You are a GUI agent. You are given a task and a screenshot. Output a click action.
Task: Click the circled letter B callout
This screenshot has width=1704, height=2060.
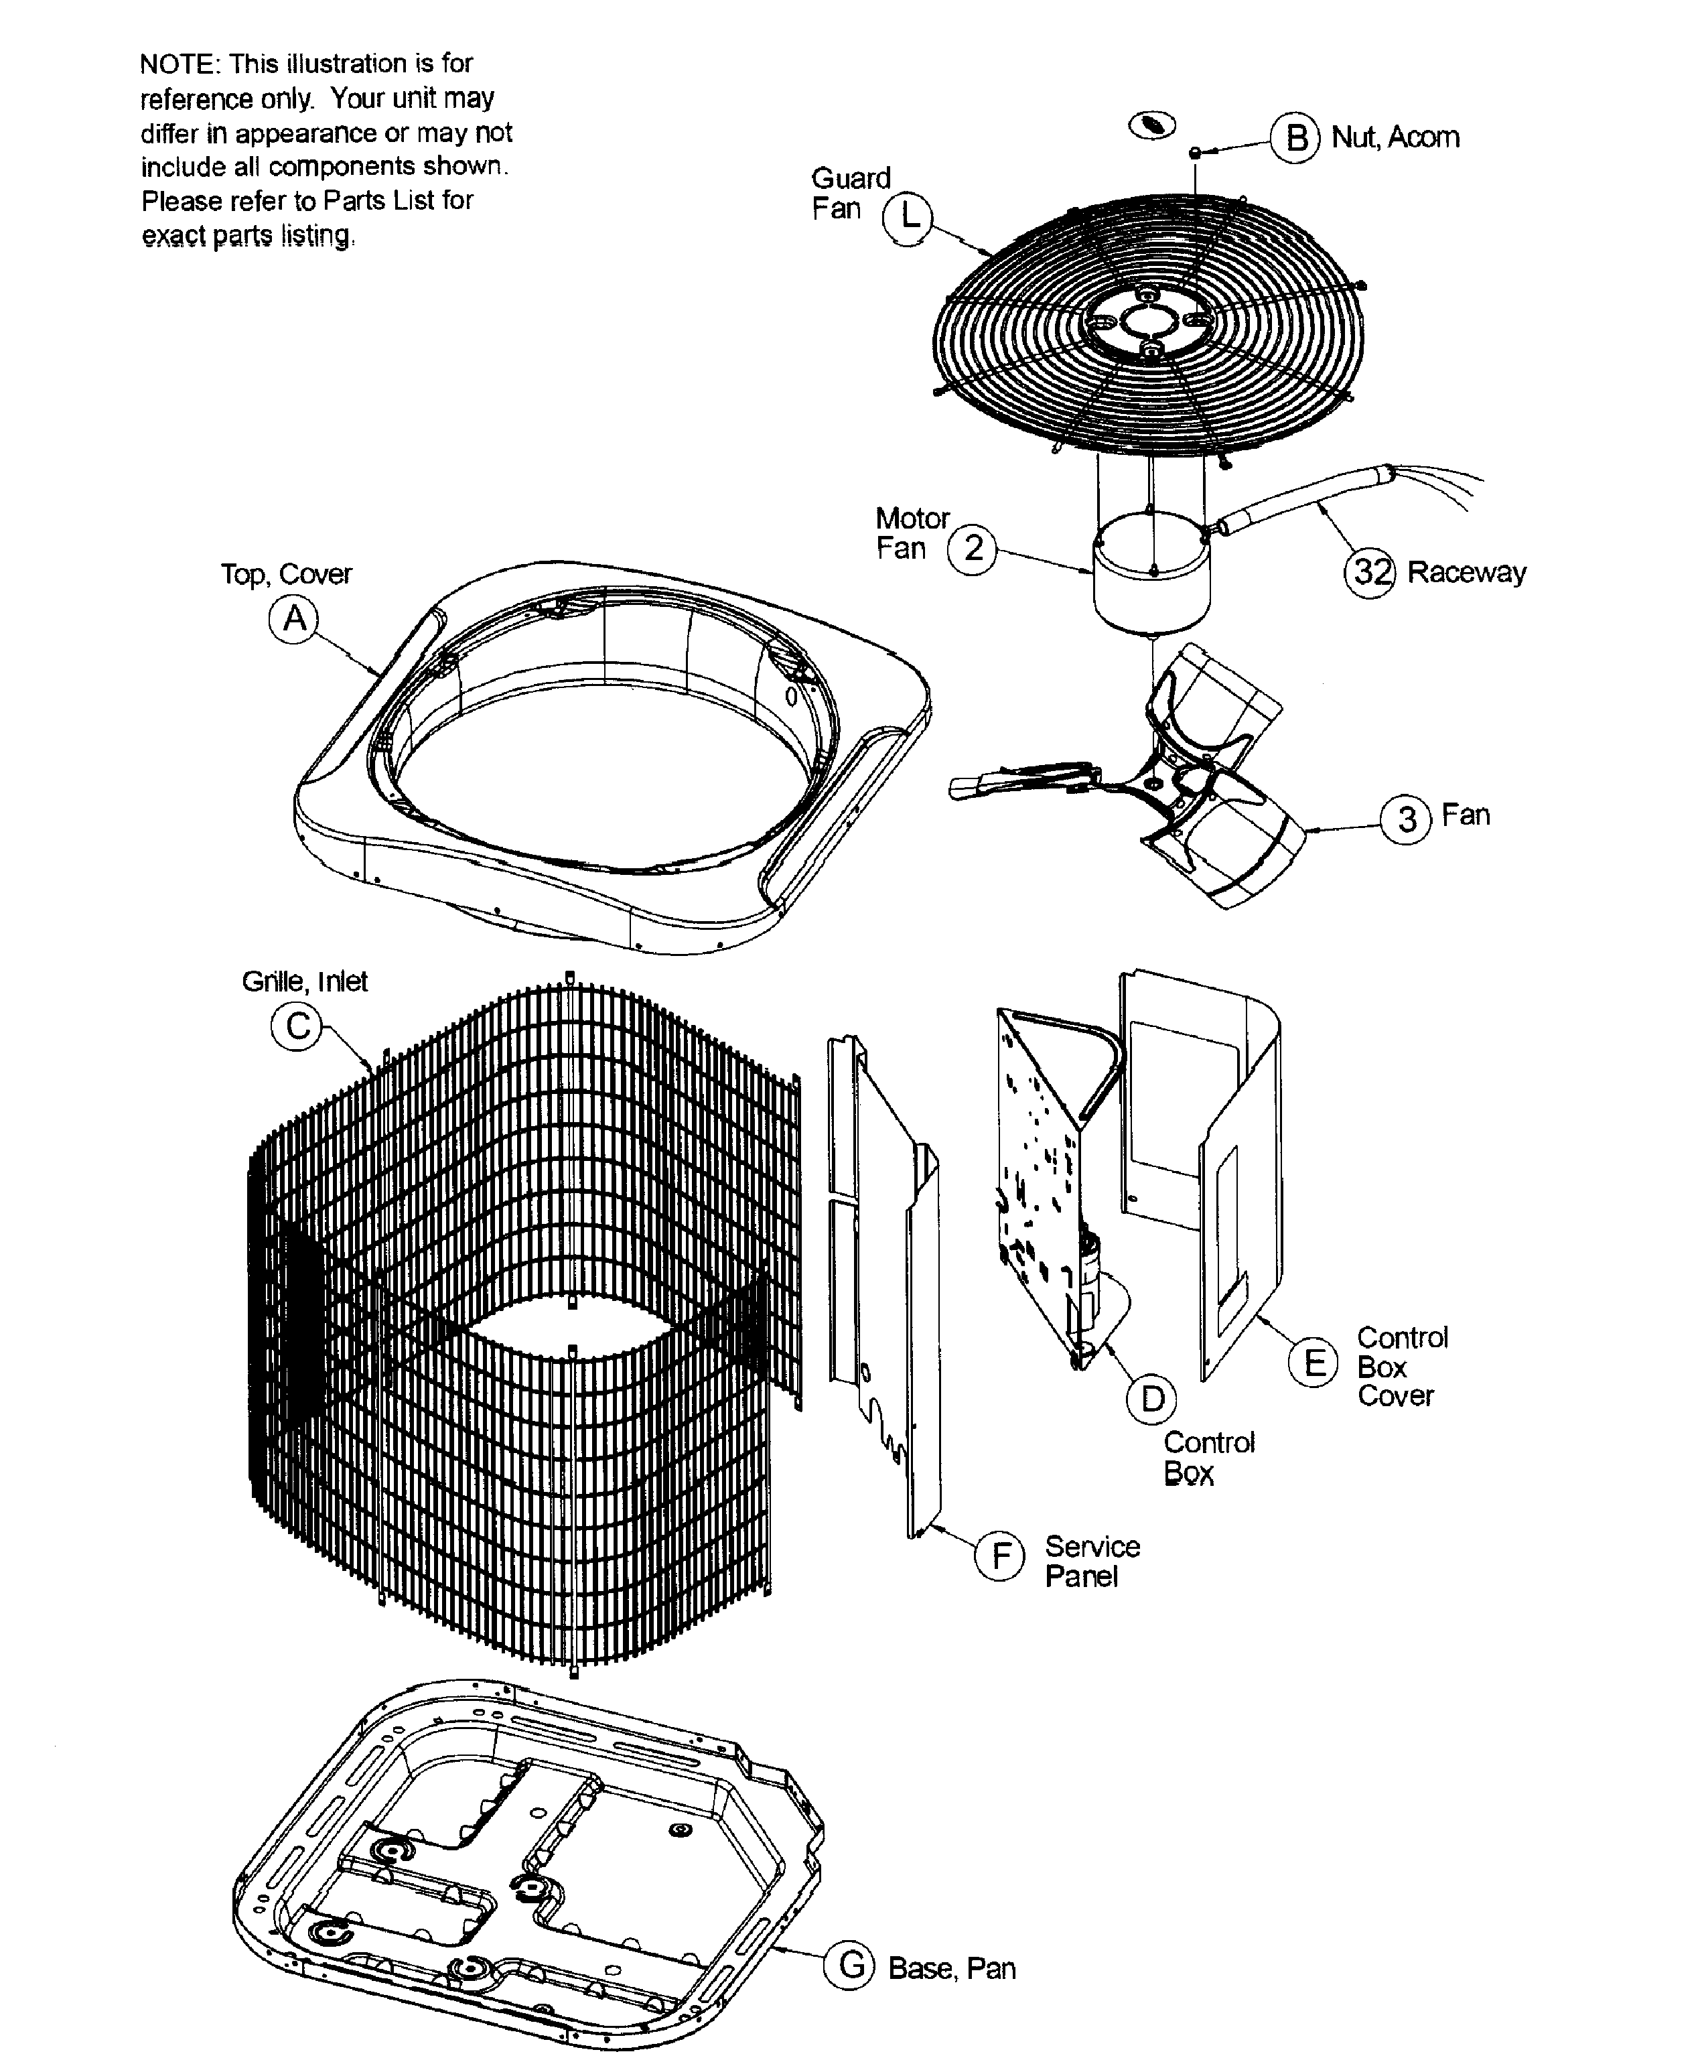1295,138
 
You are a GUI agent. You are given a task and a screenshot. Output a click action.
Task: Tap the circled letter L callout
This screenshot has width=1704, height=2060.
908,218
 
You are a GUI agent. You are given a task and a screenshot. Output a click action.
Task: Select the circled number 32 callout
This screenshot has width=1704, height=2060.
1370,573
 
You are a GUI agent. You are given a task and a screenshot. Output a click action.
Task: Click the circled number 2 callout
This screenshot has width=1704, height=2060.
971,549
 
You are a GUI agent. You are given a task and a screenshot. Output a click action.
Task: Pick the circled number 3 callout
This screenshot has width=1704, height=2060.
1406,819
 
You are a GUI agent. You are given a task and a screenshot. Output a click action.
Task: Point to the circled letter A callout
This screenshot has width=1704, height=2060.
294,619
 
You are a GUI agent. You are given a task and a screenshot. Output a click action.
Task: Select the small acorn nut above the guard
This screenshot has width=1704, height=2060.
1196,152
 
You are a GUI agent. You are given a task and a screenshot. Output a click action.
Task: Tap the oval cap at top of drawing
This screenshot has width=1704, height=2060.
1153,125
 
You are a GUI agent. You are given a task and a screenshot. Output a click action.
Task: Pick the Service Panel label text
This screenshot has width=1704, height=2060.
1091,1561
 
